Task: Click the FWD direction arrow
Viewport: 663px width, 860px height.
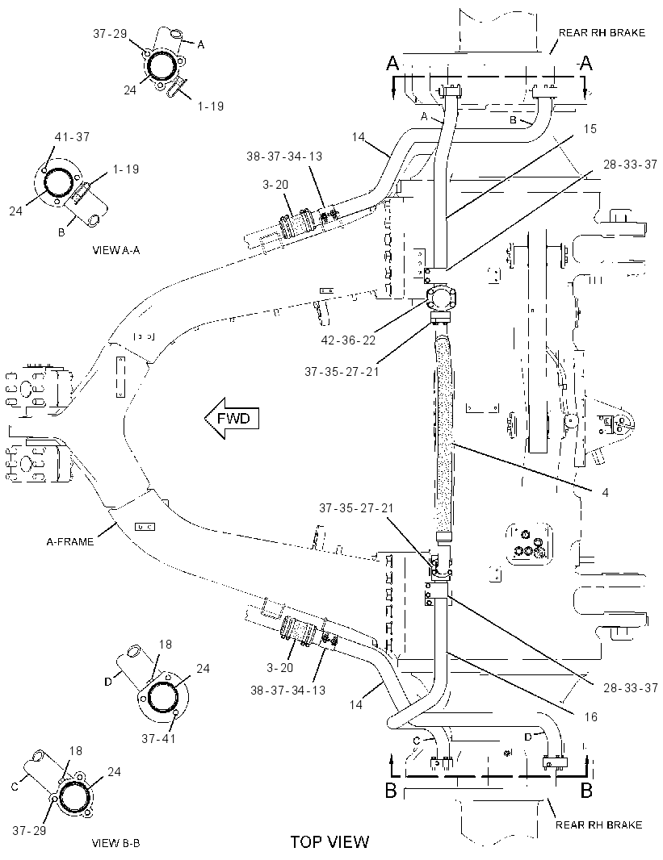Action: click(231, 419)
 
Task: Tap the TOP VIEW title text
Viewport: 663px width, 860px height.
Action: click(329, 842)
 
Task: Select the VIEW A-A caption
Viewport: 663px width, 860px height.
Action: click(116, 251)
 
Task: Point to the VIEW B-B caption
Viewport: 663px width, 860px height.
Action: click(115, 843)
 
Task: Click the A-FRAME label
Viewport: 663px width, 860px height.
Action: click(69, 542)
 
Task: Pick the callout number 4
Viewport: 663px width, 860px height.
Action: click(606, 493)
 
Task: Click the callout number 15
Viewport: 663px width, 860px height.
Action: click(590, 129)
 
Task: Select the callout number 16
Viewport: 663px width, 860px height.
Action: click(590, 717)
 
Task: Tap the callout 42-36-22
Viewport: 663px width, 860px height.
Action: click(349, 340)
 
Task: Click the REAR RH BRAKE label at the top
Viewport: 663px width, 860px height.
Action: click(602, 33)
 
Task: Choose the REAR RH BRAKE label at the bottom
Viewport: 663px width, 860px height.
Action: click(598, 825)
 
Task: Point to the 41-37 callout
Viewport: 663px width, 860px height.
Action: click(72, 136)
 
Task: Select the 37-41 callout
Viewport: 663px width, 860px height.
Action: click(158, 739)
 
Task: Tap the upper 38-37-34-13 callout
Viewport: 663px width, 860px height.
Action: click(284, 157)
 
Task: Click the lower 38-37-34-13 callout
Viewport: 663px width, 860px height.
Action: click(288, 690)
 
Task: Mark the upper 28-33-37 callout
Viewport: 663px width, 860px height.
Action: click(630, 165)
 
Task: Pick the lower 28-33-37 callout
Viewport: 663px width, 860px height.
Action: click(631, 688)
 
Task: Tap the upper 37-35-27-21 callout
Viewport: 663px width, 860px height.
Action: click(342, 372)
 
